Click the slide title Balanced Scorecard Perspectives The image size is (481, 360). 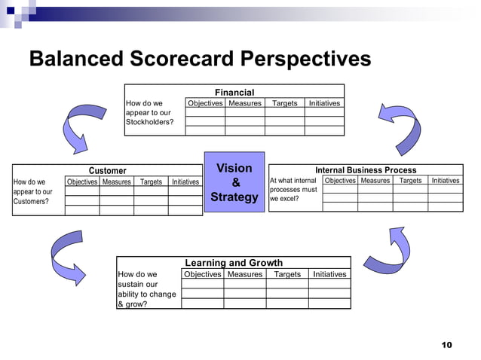pos(200,59)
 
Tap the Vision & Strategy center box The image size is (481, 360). pos(234,182)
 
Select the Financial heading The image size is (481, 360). pos(234,93)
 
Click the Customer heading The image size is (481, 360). pos(108,171)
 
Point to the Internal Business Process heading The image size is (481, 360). pos(366,170)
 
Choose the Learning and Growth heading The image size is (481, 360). pos(234,263)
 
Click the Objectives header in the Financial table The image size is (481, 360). pos(205,103)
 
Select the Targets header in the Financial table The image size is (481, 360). pos(284,103)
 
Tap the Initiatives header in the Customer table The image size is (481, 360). pos(185,182)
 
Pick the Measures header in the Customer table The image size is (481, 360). pos(117,182)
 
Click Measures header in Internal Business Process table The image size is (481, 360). pos(375,181)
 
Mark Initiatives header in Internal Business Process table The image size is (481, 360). pos(445,181)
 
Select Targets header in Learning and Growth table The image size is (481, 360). pos(287,274)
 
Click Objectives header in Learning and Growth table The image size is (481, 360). pos(203,274)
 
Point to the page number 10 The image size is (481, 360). pos(446,345)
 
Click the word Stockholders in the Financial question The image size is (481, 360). pos(149,122)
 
